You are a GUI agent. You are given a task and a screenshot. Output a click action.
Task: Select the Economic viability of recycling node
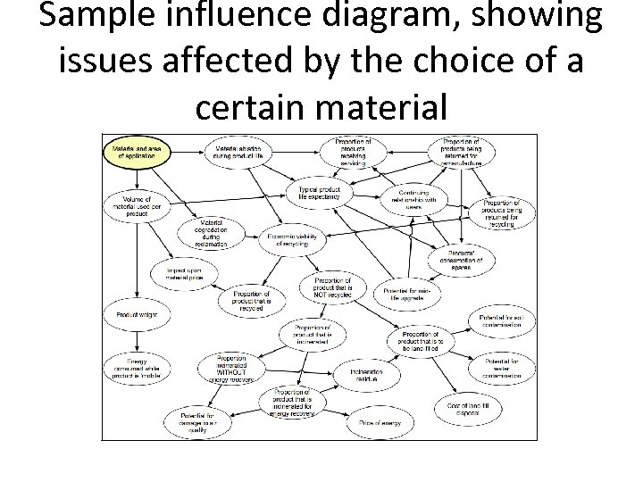(291, 240)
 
